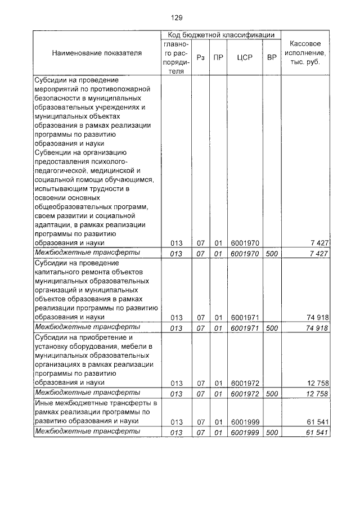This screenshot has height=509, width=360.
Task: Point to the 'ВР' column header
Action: point(272,57)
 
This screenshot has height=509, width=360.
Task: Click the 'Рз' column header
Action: point(200,57)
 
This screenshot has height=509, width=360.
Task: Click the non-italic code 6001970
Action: point(245,243)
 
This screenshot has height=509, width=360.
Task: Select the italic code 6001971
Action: point(245,327)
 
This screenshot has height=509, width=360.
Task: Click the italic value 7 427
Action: point(319,253)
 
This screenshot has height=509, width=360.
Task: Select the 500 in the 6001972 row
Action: point(272,393)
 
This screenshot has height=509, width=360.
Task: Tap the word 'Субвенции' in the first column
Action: point(54,152)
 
